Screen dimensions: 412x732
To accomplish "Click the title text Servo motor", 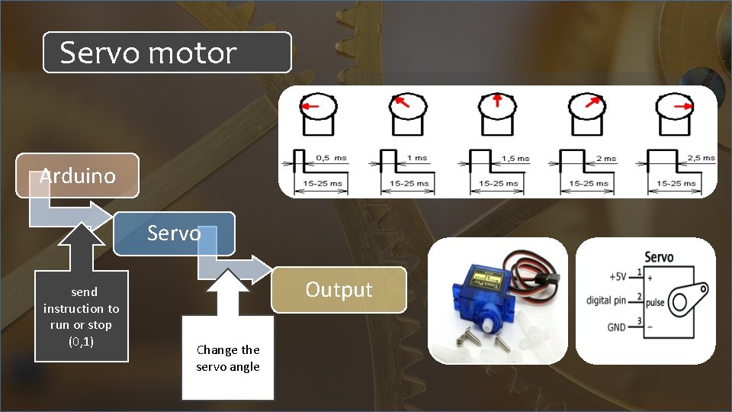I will coord(149,53).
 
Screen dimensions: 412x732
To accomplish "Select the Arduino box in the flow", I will coord(79,175).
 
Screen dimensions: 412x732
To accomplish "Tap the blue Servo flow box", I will coord(174,233).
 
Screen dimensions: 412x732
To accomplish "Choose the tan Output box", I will coord(339,289).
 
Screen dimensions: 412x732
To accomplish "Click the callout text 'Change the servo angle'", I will coord(228,358).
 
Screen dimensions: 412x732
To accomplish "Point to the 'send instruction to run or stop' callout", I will coord(81,317).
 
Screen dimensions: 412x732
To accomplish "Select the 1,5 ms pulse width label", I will coord(515,158).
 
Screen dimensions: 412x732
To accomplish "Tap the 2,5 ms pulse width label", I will coord(699,158).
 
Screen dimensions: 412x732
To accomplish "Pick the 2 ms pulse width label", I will coord(606,158).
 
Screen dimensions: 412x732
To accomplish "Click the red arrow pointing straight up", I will coord(496,99).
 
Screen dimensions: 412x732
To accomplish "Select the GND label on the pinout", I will coord(616,327).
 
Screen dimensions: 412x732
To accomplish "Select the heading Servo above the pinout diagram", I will coord(659,256).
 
